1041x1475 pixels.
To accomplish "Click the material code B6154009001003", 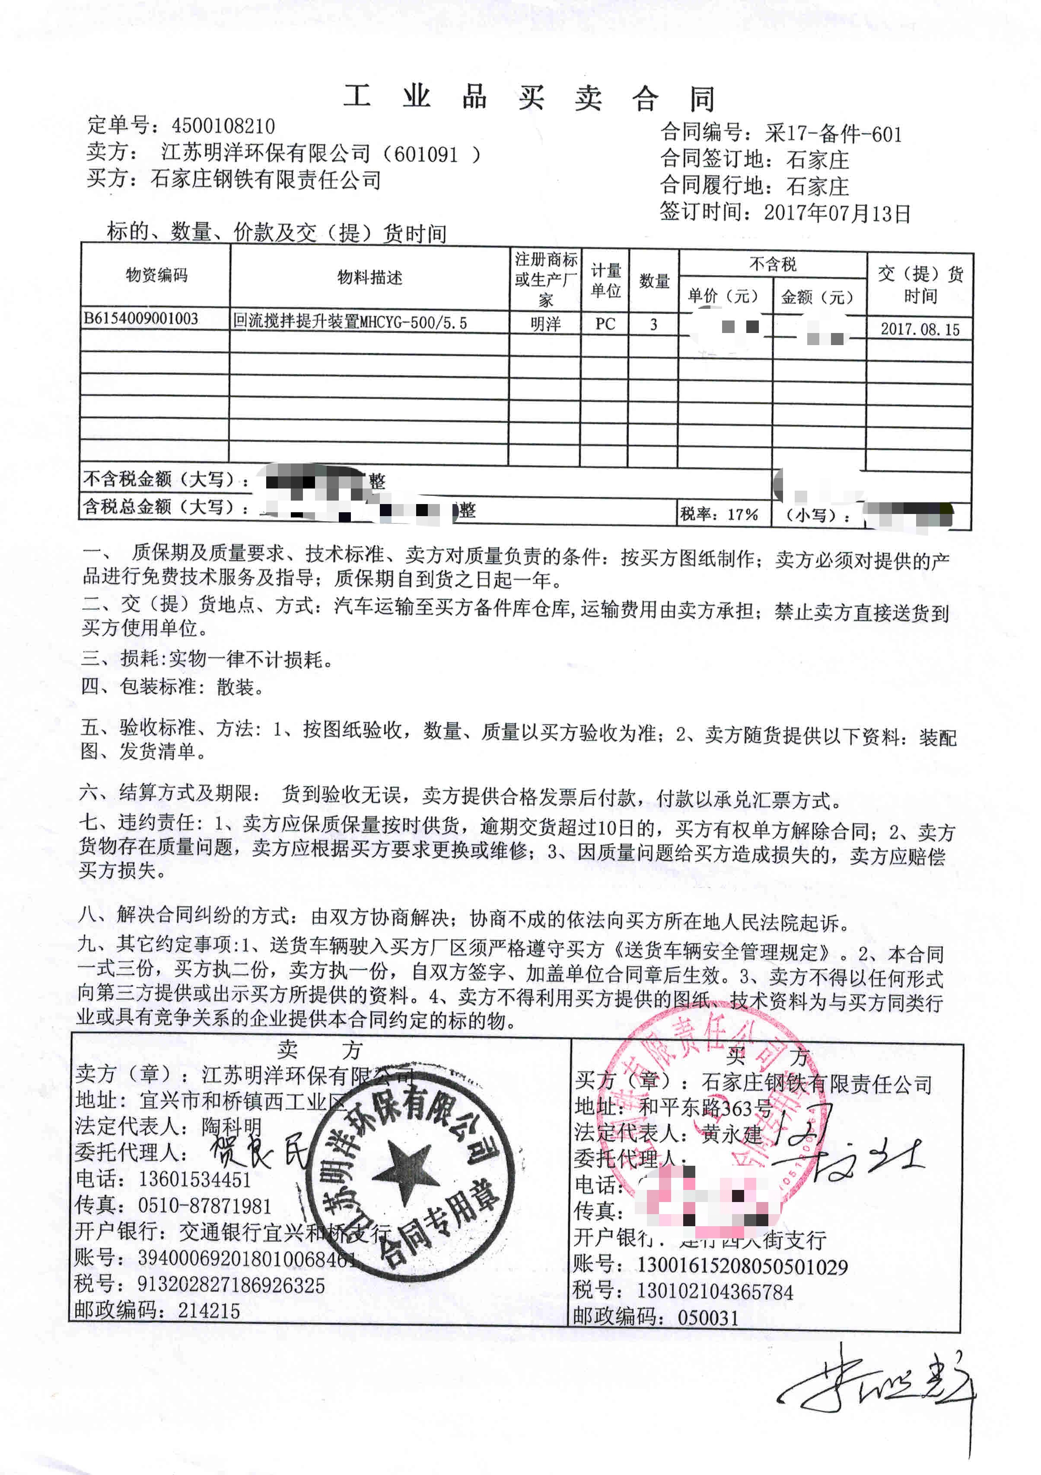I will click(141, 319).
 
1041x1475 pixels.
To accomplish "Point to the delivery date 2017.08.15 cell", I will click(920, 330).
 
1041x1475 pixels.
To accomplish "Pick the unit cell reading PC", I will click(605, 324).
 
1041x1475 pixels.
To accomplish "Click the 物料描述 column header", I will click(369, 278).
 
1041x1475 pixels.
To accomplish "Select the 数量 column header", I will click(654, 281).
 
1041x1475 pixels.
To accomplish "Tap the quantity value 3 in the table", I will click(653, 324).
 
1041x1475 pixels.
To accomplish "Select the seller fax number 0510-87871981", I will click(204, 1206).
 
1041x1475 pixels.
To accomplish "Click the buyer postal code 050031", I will click(708, 1318).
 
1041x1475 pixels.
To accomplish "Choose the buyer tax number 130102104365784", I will click(715, 1291).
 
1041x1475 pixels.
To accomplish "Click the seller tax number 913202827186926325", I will click(231, 1284).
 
